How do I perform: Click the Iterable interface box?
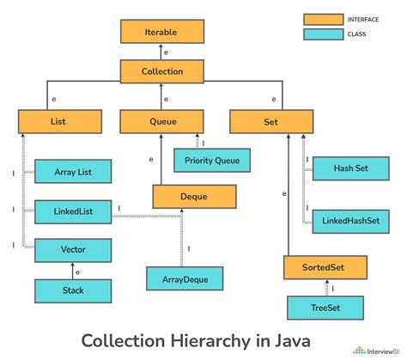coord(162,32)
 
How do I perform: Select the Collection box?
coord(162,72)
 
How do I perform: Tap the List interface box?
coord(58,122)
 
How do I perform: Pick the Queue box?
coord(161,122)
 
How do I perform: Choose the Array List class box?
coord(72,172)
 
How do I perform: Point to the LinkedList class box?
coord(72,211)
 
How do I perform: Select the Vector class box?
coord(72,250)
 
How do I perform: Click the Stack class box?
coord(72,290)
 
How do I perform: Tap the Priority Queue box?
coord(211,159)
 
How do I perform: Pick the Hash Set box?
coord(350,168)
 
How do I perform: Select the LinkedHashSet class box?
coord(350,221)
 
